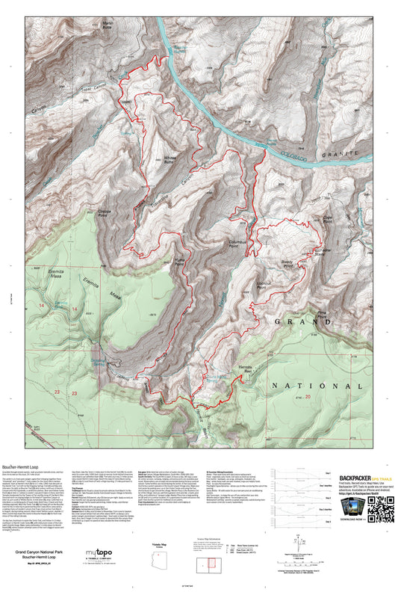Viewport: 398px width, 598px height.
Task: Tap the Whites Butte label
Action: (x=173, y=159)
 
